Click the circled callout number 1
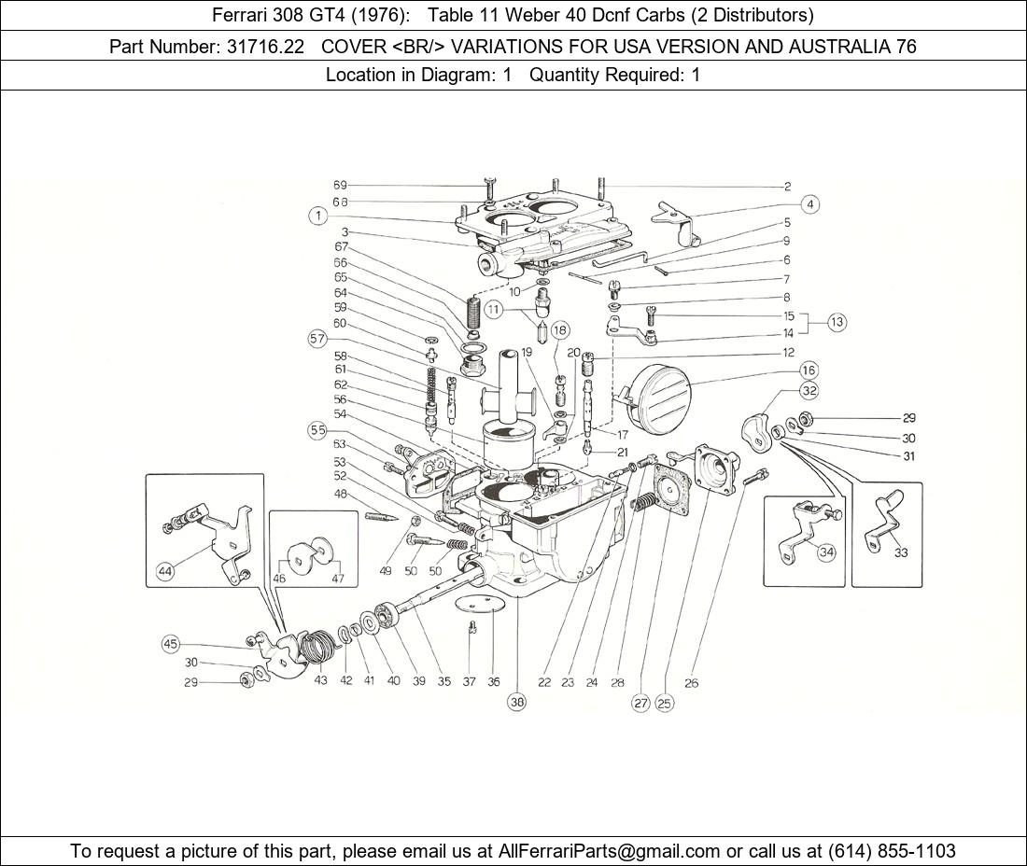(x=318, y=216)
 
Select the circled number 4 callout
(x=810, y=204)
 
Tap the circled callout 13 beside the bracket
(x=836, y=322)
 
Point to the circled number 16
(x=808, y=370)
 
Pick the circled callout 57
(x=318, y=339)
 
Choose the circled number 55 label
(x=318, y=430)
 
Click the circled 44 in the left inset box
(x=165, y=572)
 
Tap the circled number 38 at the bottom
(x=516, y=702)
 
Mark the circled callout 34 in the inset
(x=825, y=552)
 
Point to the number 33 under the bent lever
(x=900, y=552)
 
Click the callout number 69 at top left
(x=340, y=186)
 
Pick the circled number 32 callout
(x=809, y=391)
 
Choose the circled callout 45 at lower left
(x=169, y=643)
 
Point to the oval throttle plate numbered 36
(x=483, y=606)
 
